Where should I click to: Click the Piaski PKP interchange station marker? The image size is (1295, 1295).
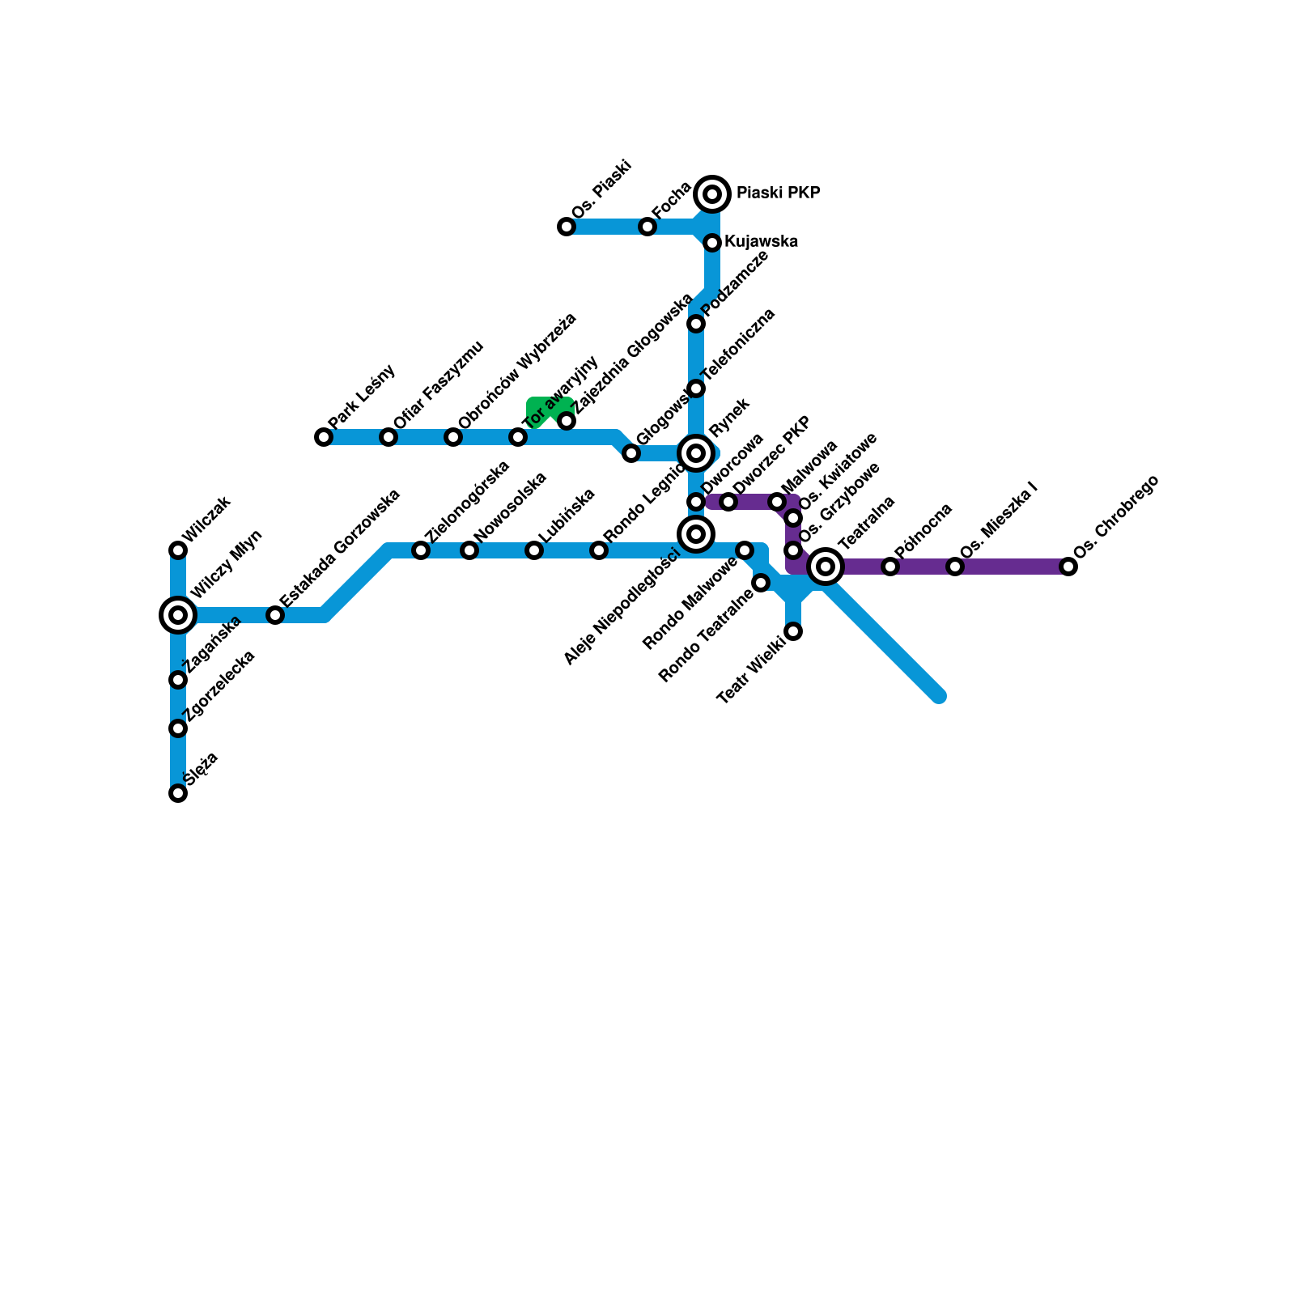point(712,194)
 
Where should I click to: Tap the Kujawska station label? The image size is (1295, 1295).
point(761,241)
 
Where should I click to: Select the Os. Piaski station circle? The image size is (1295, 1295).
point(567,227)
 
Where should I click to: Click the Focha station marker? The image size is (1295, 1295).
point(647,227)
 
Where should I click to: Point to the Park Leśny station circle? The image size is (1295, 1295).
point(324,437)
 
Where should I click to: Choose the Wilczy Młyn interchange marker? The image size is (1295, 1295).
point(178,615)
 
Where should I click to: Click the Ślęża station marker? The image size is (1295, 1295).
point(178,793)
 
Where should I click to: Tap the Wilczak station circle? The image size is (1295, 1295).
point(178,550)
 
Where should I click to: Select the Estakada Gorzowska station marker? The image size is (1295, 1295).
point(275,615)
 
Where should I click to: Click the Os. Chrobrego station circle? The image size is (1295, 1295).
point(1068,567)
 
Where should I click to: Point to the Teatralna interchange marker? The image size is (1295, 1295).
point(826,567)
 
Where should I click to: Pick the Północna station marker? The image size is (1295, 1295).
point(890,567)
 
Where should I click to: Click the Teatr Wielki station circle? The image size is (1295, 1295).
point(794,631)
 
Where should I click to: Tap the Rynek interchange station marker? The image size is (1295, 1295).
point(696,453)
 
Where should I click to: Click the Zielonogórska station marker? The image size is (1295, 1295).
point(421,550)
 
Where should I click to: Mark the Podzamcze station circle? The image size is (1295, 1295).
point(696,324)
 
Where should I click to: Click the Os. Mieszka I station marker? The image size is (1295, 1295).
point(955,567)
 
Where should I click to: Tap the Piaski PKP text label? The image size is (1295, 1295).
point(778,193)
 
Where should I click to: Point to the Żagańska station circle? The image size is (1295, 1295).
point(178,680)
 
